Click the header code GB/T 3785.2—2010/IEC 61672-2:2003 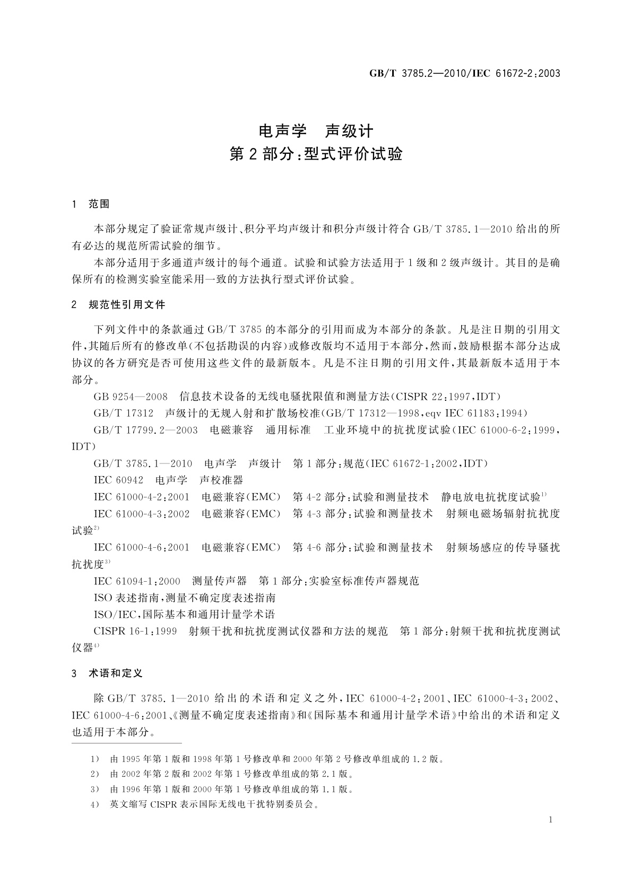(x=464, y=74)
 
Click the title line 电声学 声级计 (x=316, y=131)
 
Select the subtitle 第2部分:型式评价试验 (x=316, y=154)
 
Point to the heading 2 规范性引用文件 (x=118, y=305)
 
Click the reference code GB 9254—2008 (x=131, y=397)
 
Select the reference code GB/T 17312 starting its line (x=123, y=413)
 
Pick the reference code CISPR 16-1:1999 (x=135, y=632)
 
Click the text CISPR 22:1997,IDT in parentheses (x=446, y=397)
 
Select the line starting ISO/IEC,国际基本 (x=184, y=615)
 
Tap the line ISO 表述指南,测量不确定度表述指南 (x=184, y=598)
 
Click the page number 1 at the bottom (x=550, y=820)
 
